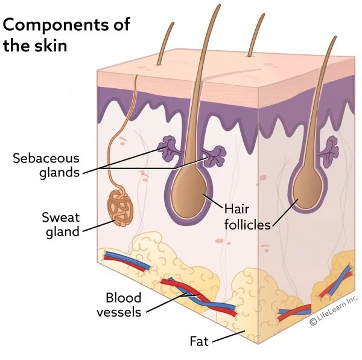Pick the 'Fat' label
199,341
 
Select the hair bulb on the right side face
309,187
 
